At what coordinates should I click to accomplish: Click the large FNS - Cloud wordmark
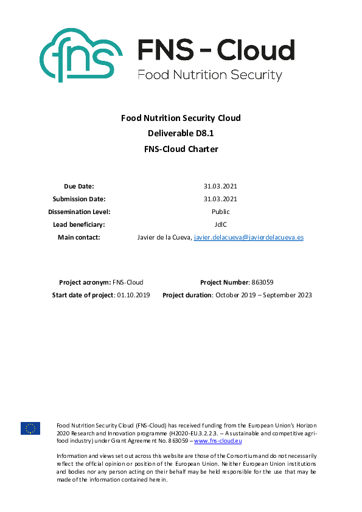[216, 50]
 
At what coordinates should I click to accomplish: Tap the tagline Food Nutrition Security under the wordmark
[210, 75]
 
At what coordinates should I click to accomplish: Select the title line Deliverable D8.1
[181, 133]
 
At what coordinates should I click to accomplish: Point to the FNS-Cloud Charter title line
[181, 149]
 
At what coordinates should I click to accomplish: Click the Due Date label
[79, 187]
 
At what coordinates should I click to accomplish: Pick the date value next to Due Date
[220, 187]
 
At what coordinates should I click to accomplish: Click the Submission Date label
[79, 199]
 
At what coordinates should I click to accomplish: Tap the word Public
[220, 212]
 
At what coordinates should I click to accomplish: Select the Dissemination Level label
[79, 212]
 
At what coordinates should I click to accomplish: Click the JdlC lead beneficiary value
[220, 224]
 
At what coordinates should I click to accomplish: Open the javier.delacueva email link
[248, 237]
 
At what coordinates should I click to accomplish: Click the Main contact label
[79, 237]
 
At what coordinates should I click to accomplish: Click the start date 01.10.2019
[134, 295]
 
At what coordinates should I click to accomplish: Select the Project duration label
[187, 295]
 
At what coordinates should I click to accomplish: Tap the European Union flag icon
[30, 428]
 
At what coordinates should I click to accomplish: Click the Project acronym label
[85, 282]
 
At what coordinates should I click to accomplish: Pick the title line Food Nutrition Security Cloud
[181, 118]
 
